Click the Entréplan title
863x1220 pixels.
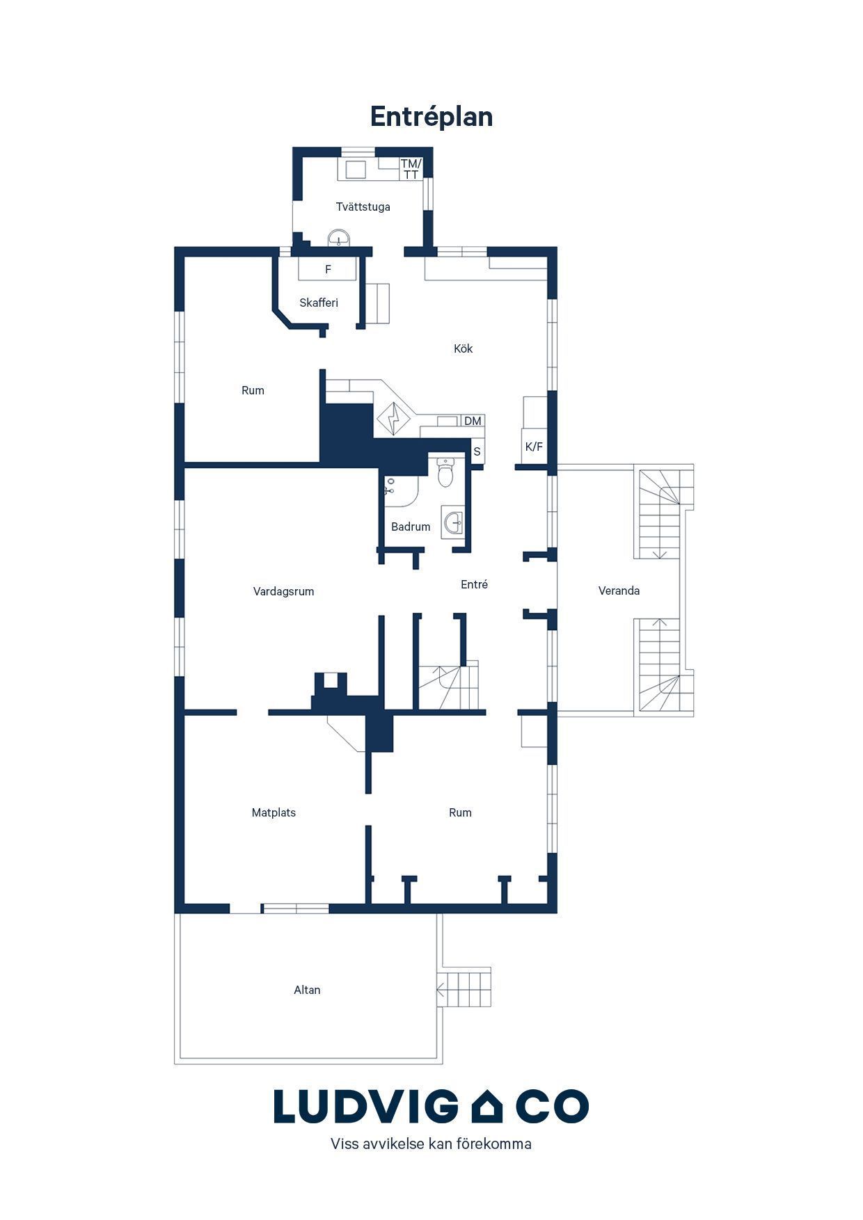(x=431, y=117)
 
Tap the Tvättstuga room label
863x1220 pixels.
(x=363, y=207)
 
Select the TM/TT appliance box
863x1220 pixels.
(x=411, y=169)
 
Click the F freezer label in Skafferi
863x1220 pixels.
(x=328, y=269)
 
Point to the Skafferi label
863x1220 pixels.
(x=319, y=303)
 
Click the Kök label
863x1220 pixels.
(x=463, y=348)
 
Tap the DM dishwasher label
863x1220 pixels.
(x=473, y=421)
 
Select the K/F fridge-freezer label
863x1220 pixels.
(x=534, y=447)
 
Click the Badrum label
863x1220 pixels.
(x=411, y=527)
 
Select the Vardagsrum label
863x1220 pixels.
(x=283, y=591)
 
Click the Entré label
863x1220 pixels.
(x=474, y=584)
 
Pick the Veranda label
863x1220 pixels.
(x=619, y=591)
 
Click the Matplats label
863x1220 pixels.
(x=274, y=812)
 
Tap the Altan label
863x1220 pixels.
(x=307, y=990)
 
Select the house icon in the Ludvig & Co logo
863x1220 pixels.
(x=486, y=1105)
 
